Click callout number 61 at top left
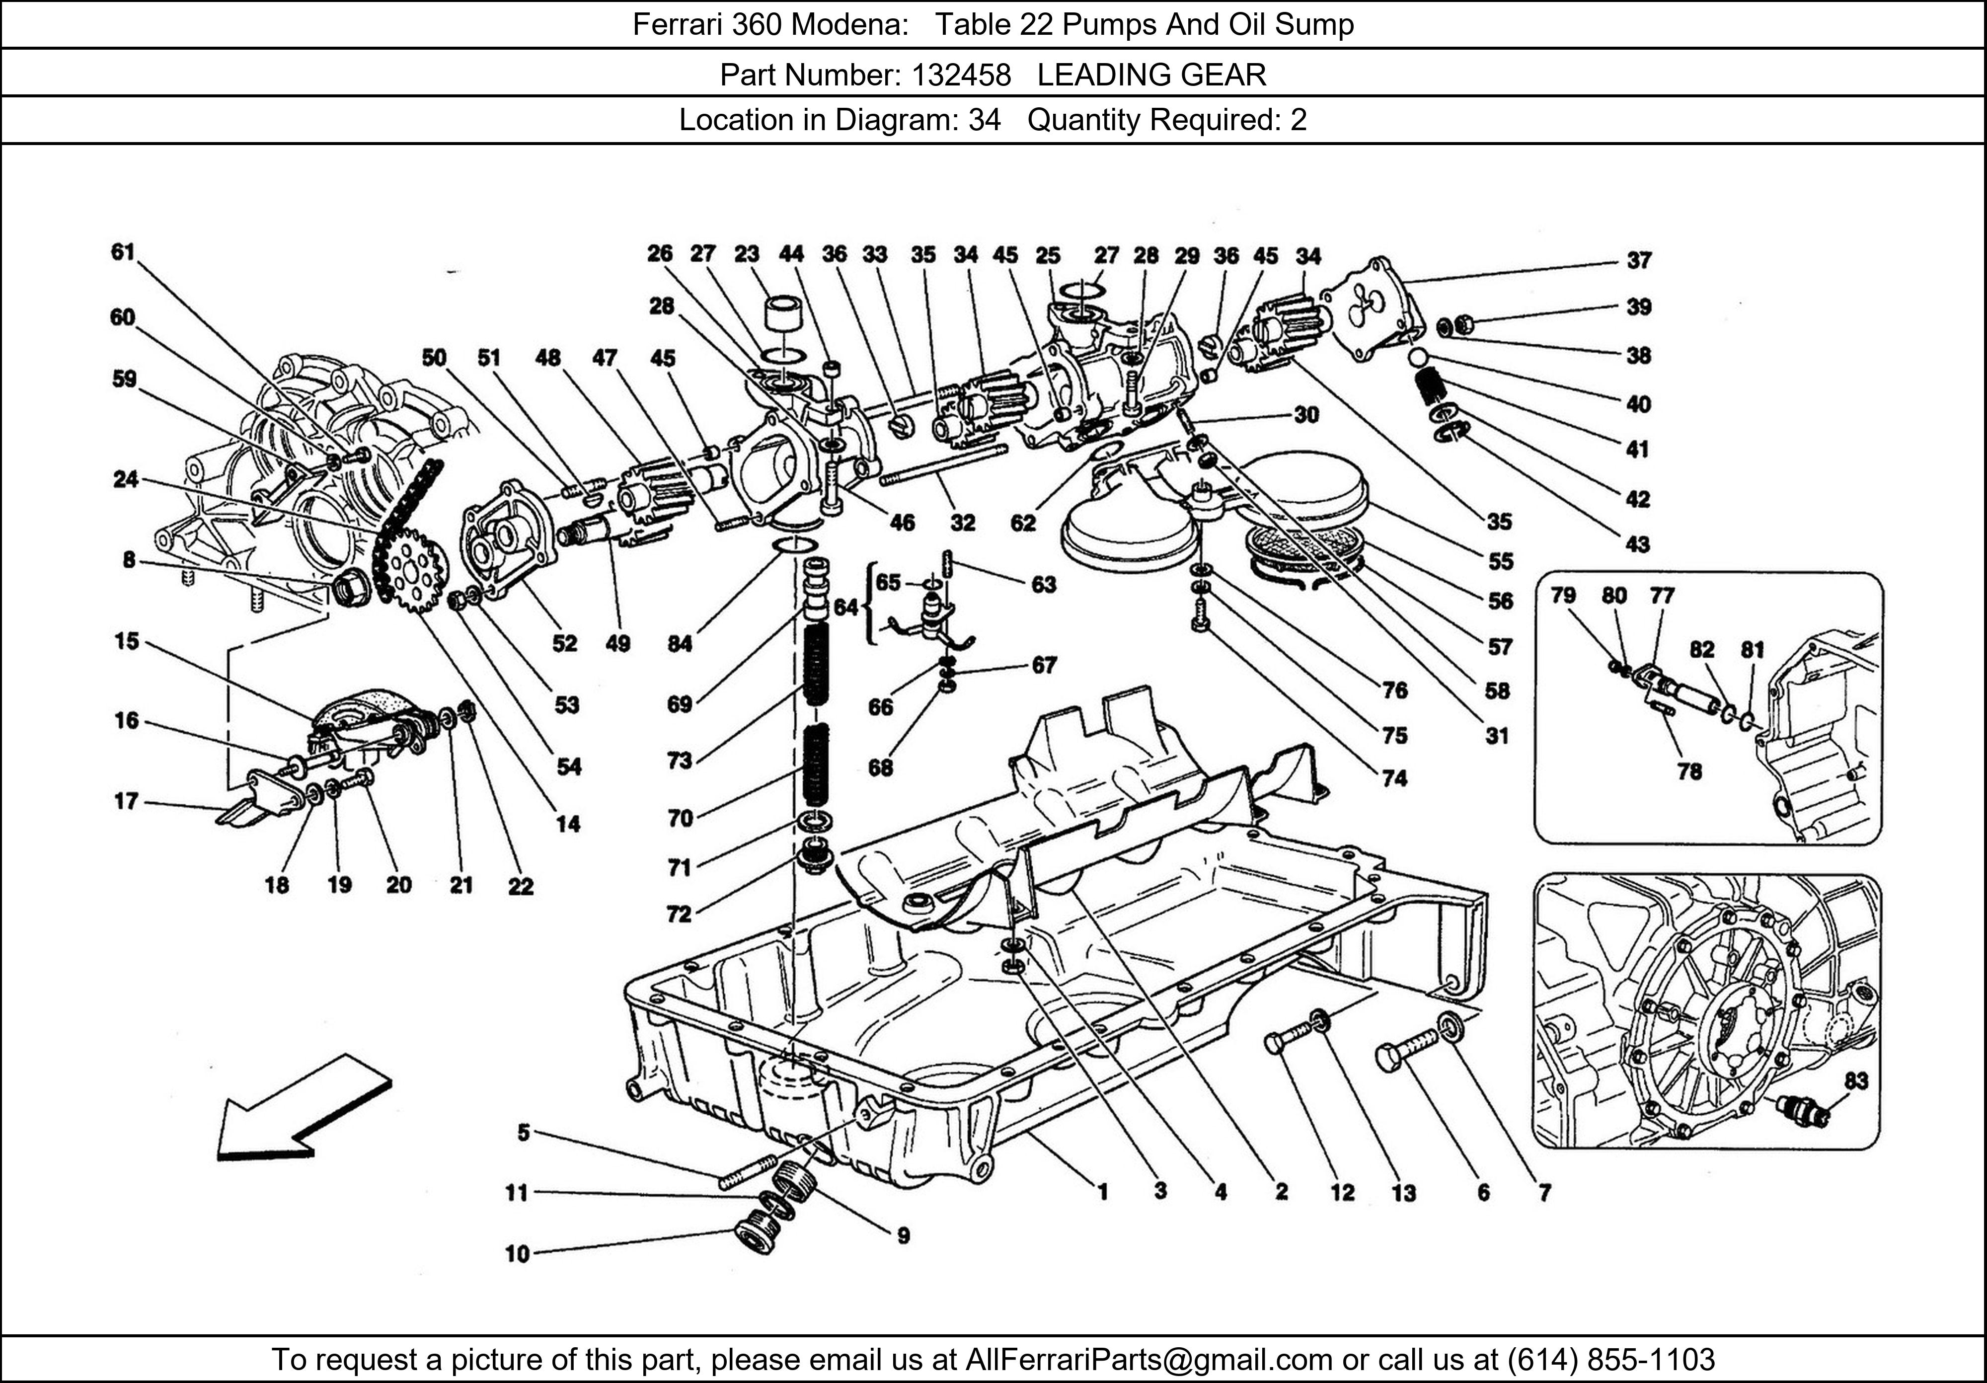click(123, 252)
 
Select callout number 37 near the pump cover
click(1638, 260)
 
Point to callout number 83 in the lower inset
click(1855, 1081)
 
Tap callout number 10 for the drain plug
click(517, 1253)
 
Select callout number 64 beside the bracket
click(844, 608)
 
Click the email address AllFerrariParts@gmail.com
click(1148, 1360)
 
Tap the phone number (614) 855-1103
click(1610, 1360)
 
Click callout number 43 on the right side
click(1637, 544)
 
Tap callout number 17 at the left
click(126, 801)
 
